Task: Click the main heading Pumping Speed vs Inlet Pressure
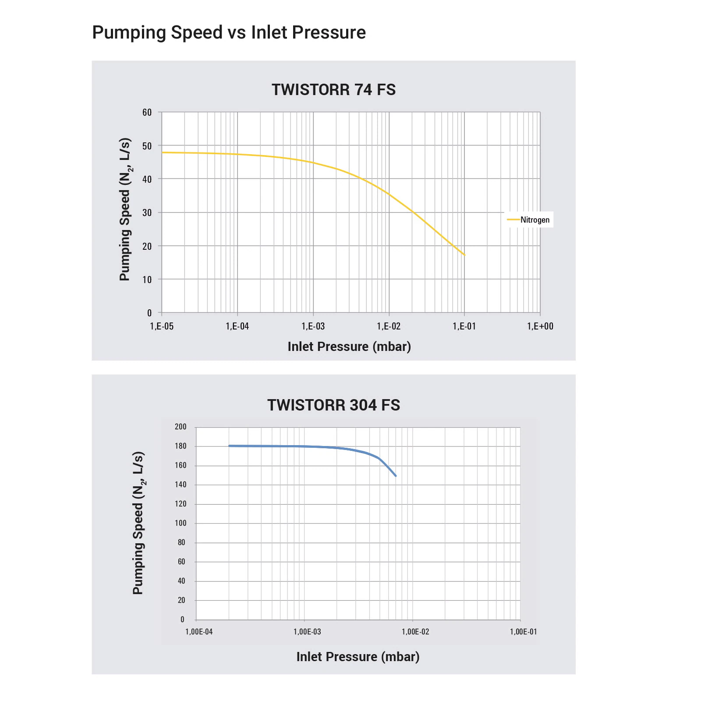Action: click(x=229, y=32)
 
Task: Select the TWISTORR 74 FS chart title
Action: click(x=333, y=90)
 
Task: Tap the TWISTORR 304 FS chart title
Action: click(x=333, y=405)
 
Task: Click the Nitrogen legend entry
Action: click(x=534, y=220)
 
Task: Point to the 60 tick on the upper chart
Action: click(x=147, y=113)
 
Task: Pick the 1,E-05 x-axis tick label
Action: click(x=162, y=326)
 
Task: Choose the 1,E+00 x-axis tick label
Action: click(x=540, y=326)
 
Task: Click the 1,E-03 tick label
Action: click(x=313, y=326)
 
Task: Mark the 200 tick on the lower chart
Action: click(x=181, y=427)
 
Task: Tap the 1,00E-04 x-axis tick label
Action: click(x=199, y=632)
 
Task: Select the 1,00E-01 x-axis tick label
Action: click(x=523, y=632)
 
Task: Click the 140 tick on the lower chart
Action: click(x=181, y=485)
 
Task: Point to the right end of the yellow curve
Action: click(x=464, y=255)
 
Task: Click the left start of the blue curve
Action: click(x=229, y=446)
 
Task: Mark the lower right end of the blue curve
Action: click(x=396, y=476)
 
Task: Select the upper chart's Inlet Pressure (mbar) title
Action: click(x=349, y=347)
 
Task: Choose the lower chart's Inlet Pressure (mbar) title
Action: click(x=358, y=657)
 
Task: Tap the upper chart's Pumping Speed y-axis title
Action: click(x=125, y=209)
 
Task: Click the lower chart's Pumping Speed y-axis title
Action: click(x=138, y=523)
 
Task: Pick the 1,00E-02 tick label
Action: click(x=415, y=632)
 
